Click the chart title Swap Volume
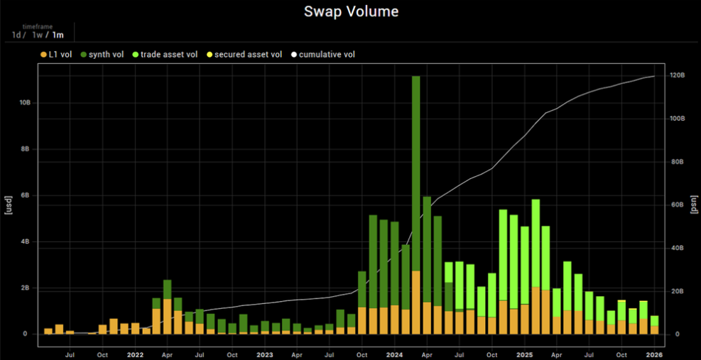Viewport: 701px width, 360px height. point(351,11)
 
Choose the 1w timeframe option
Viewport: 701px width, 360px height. point(38,35)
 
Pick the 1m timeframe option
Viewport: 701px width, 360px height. point(58,35)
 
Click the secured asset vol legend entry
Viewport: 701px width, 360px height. point(247,55)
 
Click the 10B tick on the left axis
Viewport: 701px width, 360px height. point(24,103)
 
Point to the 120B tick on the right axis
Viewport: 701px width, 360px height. point(677,75)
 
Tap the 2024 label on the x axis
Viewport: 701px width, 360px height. point(395,354)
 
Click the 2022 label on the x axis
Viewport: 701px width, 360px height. point(135,354)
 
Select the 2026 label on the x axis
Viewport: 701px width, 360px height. point(654,354)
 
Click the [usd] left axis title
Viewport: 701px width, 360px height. point(9,204)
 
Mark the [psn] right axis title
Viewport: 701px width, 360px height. point(693,204)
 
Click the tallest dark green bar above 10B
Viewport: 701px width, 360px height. point(416,178)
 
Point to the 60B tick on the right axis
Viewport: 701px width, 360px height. point(675,204)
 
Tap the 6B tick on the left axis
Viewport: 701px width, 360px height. point(26,195)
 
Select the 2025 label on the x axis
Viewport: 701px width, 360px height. point(524,354)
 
